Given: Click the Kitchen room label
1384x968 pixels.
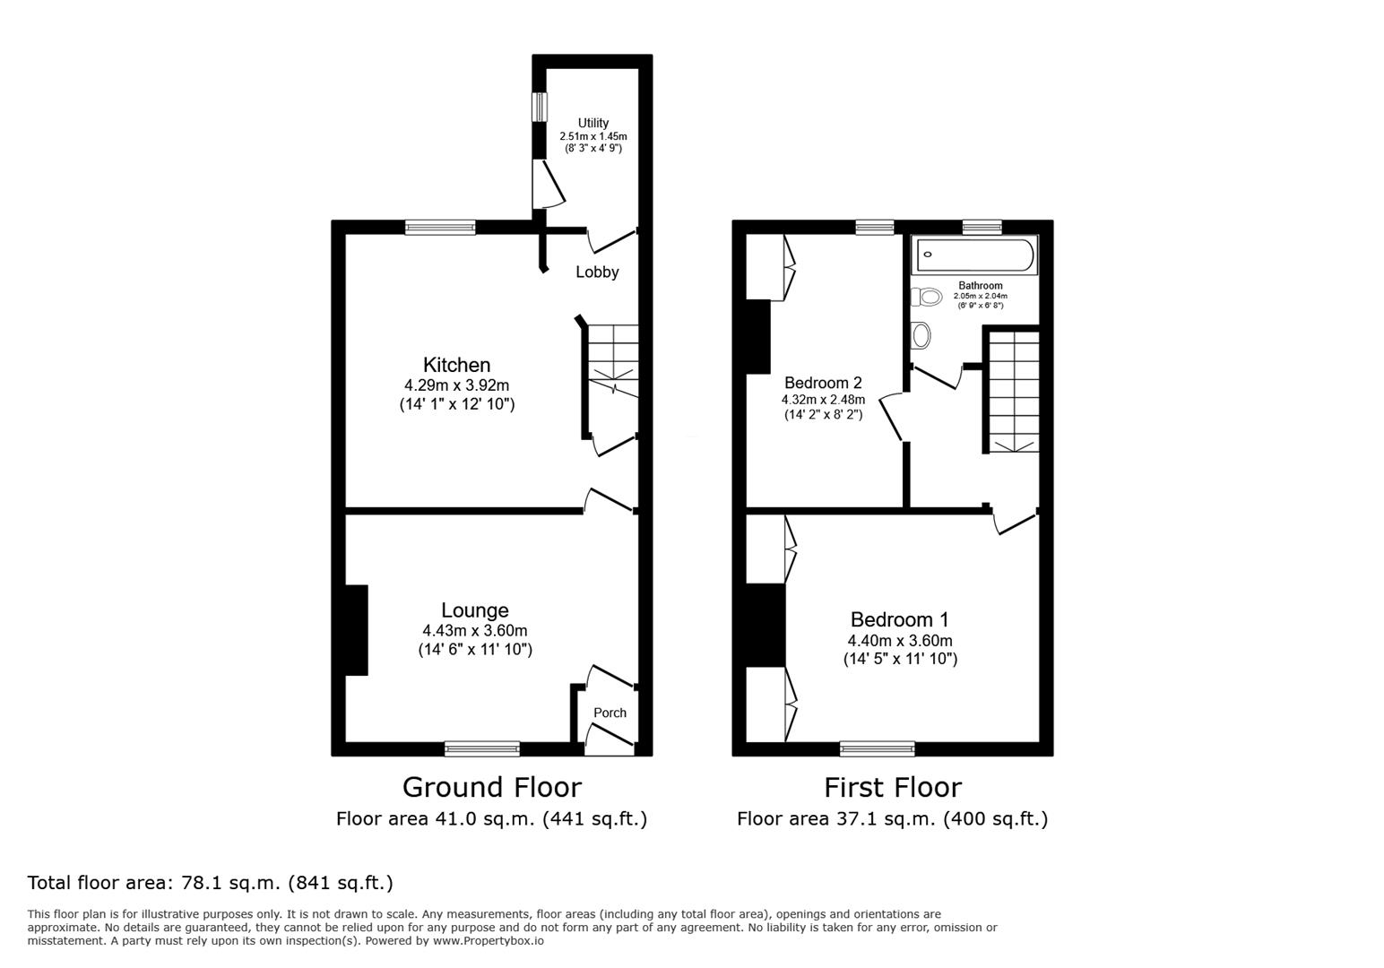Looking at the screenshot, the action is [x=456, y=365].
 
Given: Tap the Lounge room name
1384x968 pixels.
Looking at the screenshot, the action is [x=474, y=610].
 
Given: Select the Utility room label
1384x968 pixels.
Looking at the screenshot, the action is [x=593, y=123].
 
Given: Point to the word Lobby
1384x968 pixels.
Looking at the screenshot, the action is [x=597, y=272].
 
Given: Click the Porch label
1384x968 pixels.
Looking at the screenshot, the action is [x=610, y=713].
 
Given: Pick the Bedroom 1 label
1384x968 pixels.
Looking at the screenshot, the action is [x=899, y=619].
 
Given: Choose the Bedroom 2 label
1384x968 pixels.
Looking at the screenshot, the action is [x=823, y=383].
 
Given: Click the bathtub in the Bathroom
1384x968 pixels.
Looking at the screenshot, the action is [x=975, y=255].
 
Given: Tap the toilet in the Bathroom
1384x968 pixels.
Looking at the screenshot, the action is [x=926, y=298].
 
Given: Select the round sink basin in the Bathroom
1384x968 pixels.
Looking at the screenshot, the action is [x=921, y=335].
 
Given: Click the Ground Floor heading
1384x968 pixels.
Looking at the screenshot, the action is [x=492, y=788].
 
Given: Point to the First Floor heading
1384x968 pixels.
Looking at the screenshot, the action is [x=893, y=788].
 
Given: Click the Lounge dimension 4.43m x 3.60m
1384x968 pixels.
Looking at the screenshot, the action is [x=474, y=631].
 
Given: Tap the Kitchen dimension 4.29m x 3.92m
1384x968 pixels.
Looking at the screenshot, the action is [x=456, y=385].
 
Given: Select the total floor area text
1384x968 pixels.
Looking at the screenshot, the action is [x=210, y=883].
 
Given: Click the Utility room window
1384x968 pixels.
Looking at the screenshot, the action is [x=540, y=107].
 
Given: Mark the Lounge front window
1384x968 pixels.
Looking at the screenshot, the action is [x=482, y=748].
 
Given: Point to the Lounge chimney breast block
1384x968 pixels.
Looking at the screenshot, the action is [x=357, y=630].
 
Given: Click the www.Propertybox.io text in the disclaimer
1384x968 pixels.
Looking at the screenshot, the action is [x=489, y=941].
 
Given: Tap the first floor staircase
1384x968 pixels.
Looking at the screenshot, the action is [x=1014, y=392].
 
